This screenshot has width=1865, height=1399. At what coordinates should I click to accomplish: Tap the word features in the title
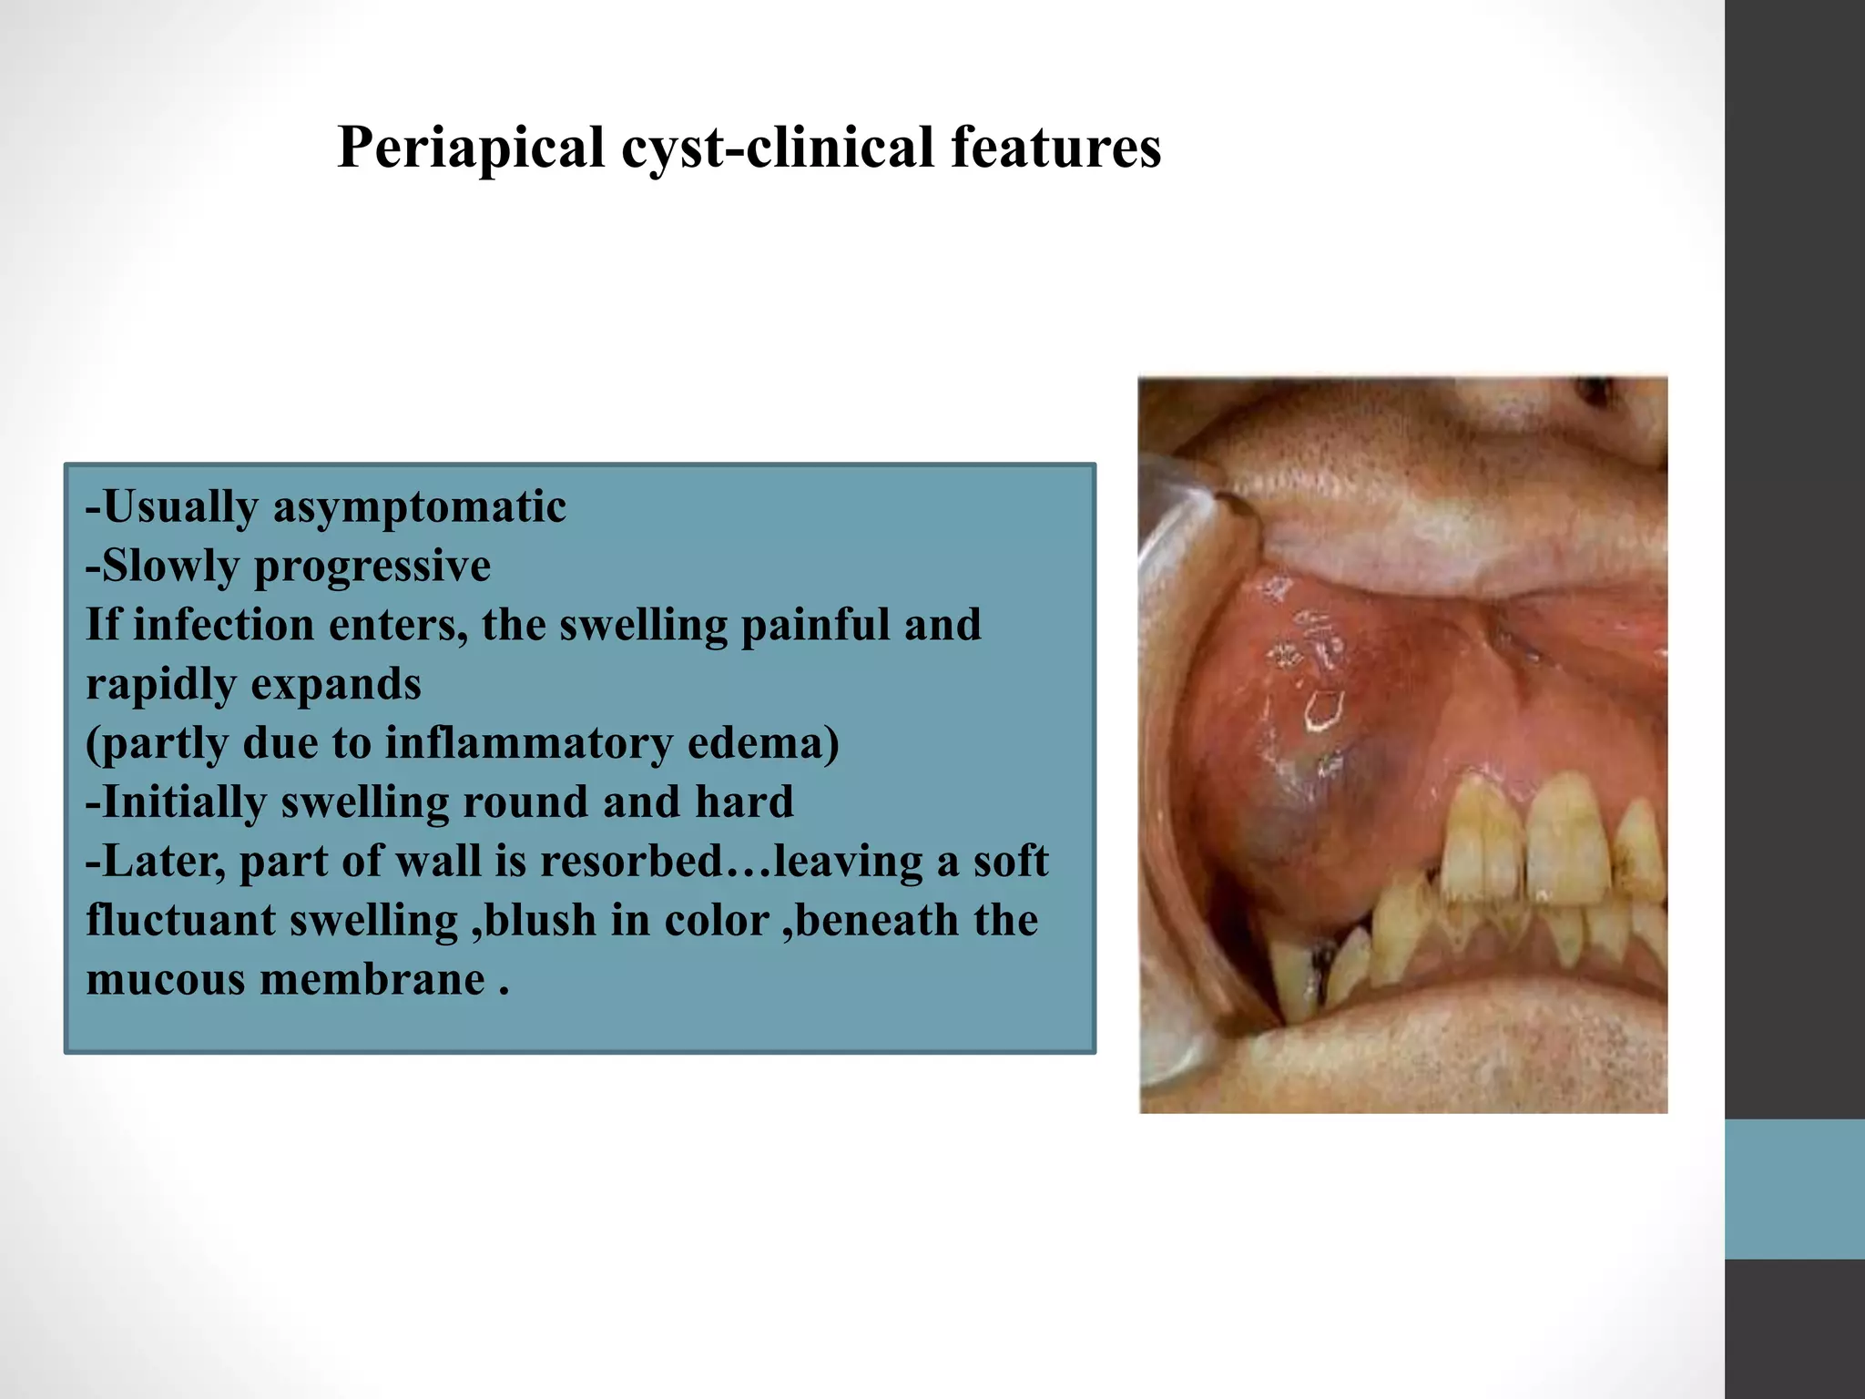pyautogui.click(x=1056, y=148)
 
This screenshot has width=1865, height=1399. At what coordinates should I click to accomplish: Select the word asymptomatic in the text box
pyautogui.click(x=420, y=507)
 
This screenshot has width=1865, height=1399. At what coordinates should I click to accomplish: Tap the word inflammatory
pyautogui.click(x=528, y=743)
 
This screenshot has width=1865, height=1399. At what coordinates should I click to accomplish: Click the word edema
pyautogui.click(x=763, y=743)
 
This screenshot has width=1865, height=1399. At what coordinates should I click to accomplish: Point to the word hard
pyautogui.click(x=744, y=802)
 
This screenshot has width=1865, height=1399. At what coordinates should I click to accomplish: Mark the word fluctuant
pyautogui.click(x=180, y=921)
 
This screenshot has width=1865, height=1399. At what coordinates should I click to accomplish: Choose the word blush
pyautogui.click(x=539, y=921)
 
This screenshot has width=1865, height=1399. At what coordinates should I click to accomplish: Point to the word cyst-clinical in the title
pyautogui.click(x=777, y=148)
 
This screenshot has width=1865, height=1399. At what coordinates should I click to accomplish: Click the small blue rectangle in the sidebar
pyautogui.click(x=1794, y=1190)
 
